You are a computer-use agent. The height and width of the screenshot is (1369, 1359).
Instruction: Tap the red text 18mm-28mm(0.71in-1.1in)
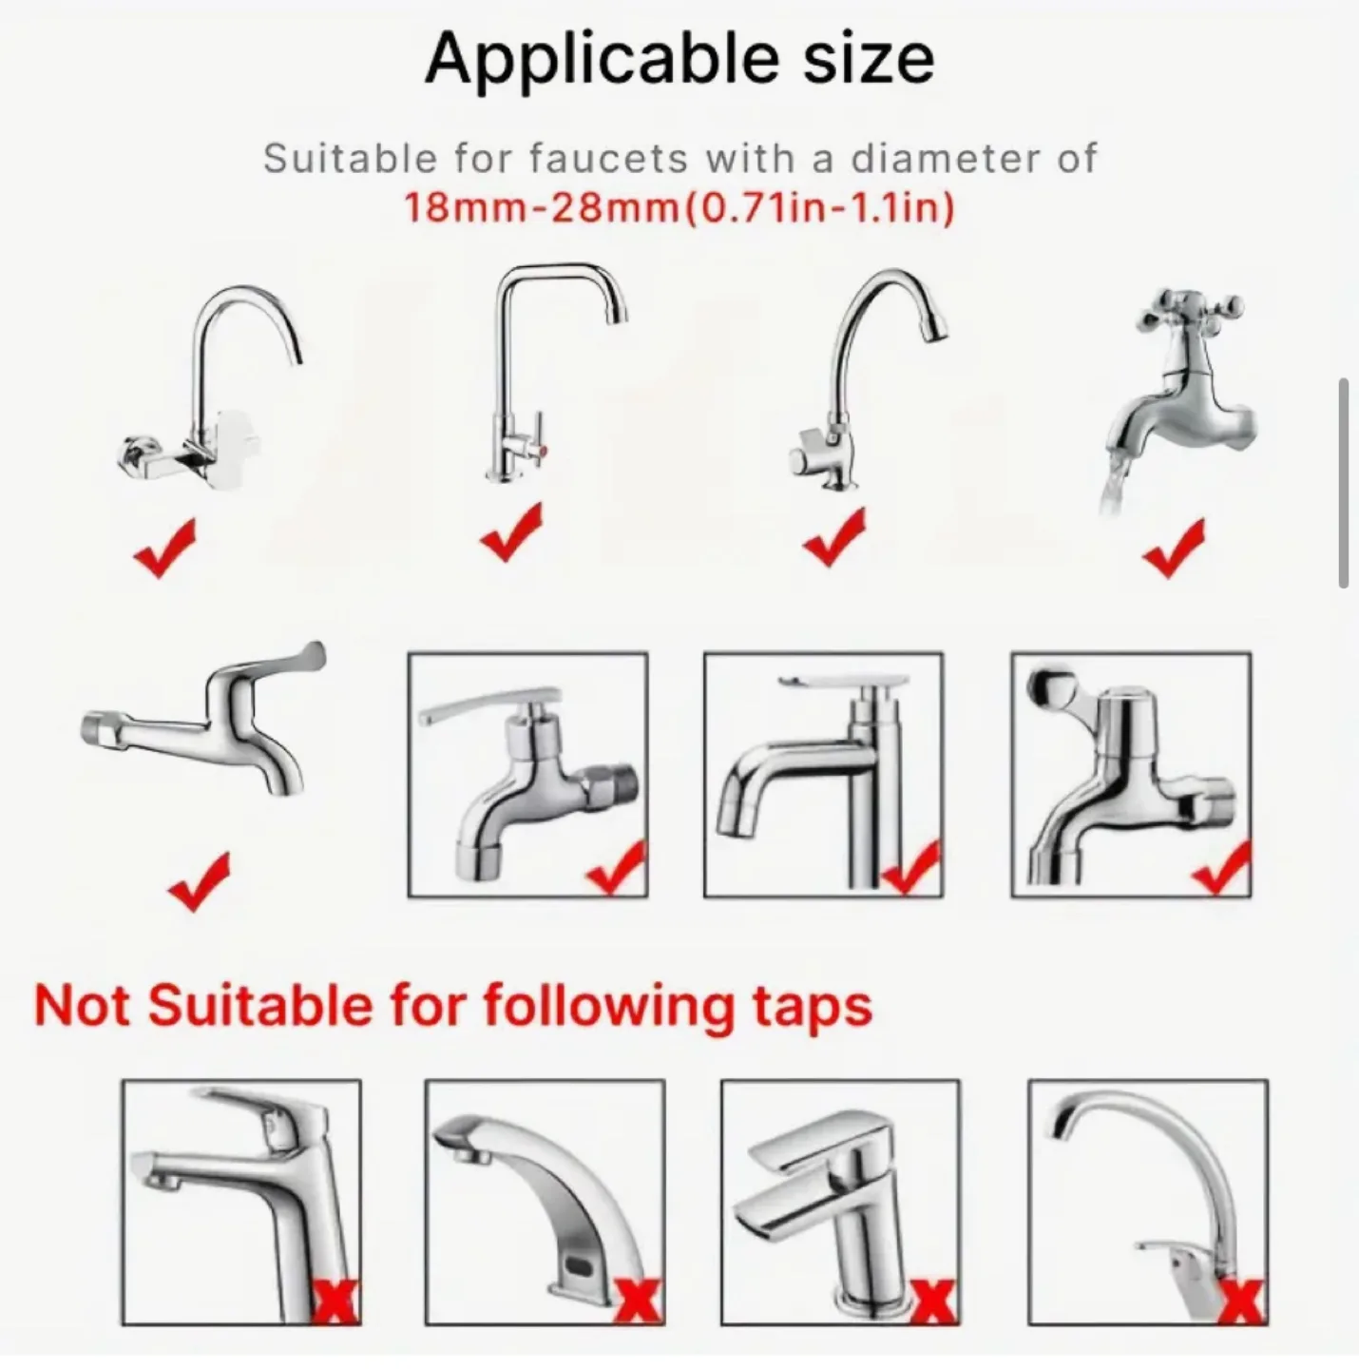[x=679, y=207]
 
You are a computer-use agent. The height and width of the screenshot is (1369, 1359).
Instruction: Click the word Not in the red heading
[x=85, y=1006]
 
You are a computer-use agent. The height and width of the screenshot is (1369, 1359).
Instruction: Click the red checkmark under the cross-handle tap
[x=1176, y=548]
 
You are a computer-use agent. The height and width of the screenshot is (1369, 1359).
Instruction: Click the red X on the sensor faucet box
[x=637, y=1301]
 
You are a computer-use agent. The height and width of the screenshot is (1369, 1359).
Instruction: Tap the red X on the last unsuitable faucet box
[x=1241, y=1301]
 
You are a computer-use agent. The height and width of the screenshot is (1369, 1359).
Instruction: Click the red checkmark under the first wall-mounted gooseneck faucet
[x=166, y=548]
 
